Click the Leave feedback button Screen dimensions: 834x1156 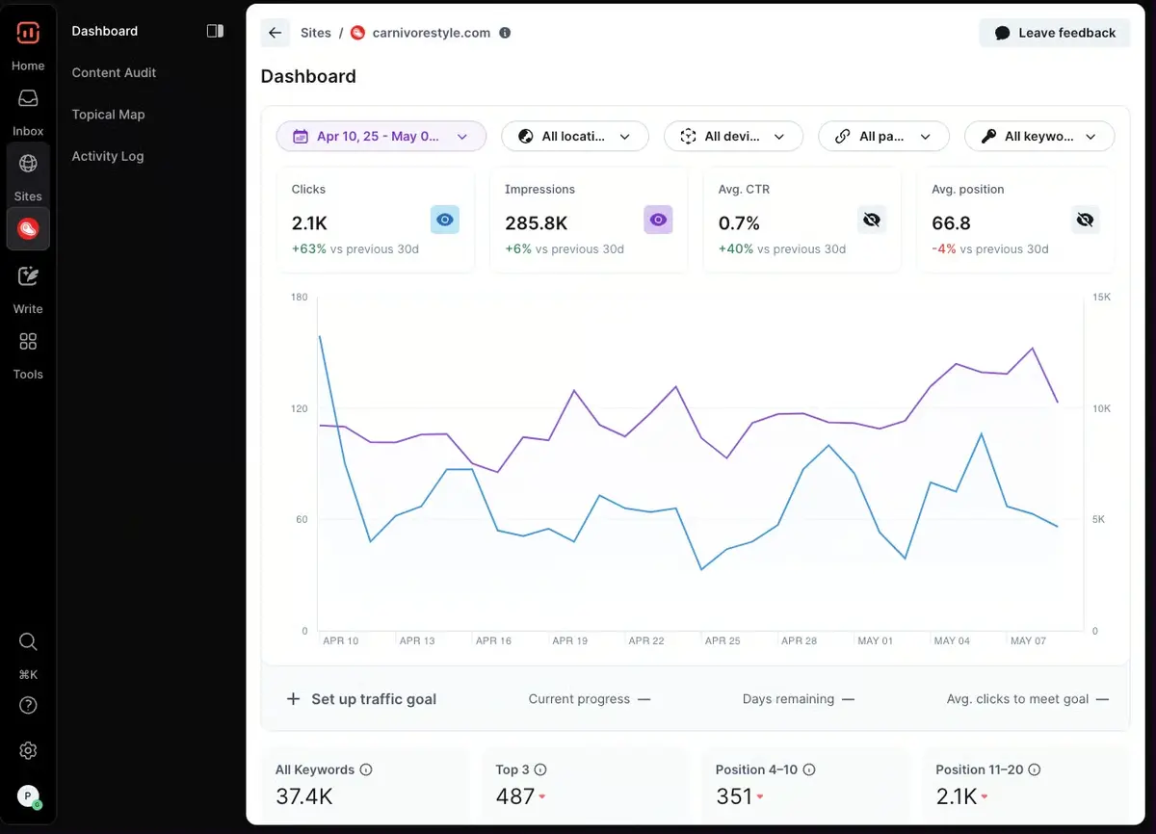1055,33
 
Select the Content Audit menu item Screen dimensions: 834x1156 114,72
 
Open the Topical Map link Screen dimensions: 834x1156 108,115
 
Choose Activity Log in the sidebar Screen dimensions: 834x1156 107,156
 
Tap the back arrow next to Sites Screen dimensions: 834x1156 276,33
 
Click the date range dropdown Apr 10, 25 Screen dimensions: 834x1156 381,137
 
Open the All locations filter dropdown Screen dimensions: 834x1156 575,137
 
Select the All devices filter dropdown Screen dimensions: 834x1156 733,137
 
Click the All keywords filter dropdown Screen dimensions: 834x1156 1039,137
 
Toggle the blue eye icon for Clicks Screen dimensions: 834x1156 444,220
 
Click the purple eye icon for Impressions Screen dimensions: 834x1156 658,220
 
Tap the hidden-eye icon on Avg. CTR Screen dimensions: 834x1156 872,220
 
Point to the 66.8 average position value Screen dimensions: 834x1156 951,223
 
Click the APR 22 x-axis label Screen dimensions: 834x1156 646,640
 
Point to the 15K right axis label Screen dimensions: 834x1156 1100,298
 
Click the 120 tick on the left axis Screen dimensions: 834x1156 299,408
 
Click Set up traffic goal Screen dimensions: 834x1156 362,699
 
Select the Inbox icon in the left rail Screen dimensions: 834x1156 28,99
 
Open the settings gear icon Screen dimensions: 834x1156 28,750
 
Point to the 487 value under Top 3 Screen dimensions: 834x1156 514,796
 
